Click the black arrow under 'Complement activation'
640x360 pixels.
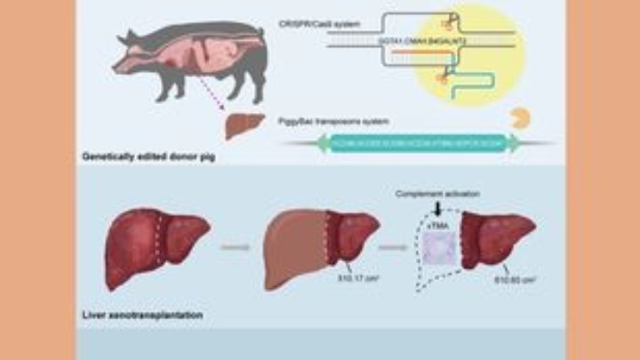[x=437, y=208]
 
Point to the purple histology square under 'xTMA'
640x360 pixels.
[x=436, y=250]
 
